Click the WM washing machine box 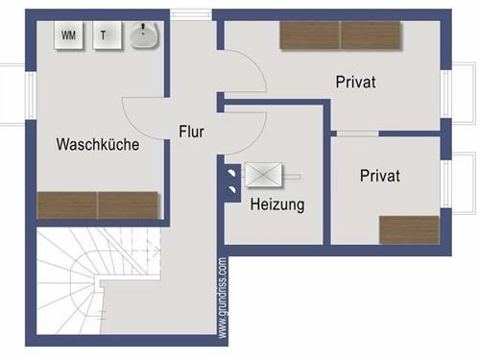point(69,36)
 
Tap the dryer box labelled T point(104,36)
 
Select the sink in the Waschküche point(144,36)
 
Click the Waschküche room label point(98,145)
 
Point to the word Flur point(192,132)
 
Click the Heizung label point(277,204)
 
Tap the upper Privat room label point(355,83)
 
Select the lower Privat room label point(380,177)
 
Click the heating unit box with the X point(264,176)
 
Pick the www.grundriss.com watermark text point(223,298)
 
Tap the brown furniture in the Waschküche point(97,205)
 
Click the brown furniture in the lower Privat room point(409,229)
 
